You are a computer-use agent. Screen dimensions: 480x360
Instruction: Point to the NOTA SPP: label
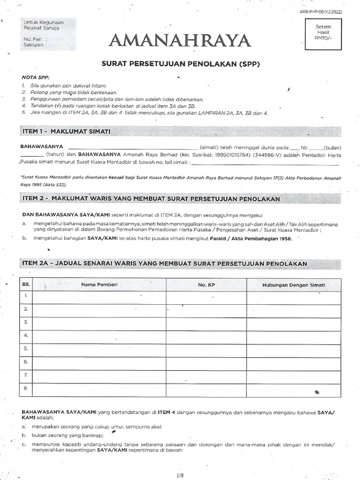tap(36, 77)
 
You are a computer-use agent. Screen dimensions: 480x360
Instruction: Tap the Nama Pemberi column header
tap(99, 285)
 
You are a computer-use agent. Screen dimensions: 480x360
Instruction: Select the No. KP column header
tap(206, 285)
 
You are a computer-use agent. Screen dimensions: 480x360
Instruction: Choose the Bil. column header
tap(26, 285)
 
